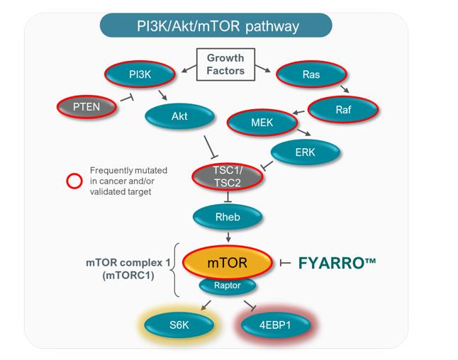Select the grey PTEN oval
point(86,107)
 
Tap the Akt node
point(179,115)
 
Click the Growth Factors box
point(225,64)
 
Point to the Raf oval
point(343,109)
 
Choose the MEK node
point(262,122)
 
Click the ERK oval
point(306,152)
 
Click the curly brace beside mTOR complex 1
point(177,269)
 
